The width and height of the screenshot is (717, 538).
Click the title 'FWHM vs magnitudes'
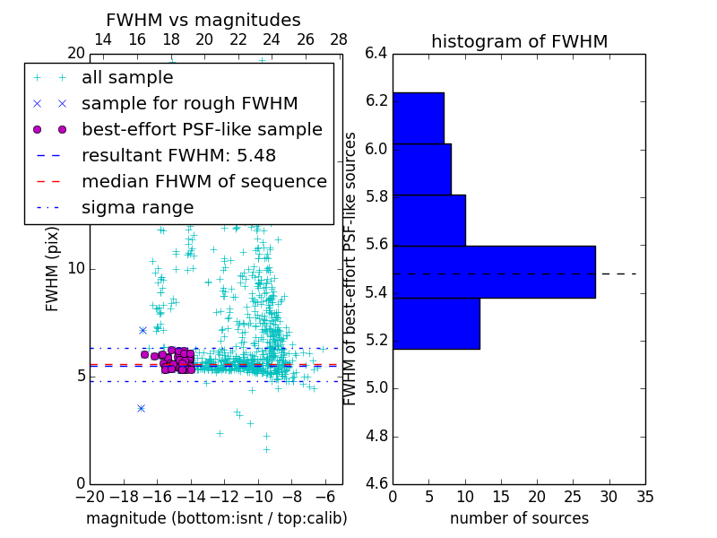tap(203, 21)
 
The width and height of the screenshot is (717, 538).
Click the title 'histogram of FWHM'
tap(519, 41)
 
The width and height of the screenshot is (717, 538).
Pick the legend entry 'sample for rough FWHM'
tap(189, 104)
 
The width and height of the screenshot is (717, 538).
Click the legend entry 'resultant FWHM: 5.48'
tap(178, 156)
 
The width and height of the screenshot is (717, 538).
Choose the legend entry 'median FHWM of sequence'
tap(203, 182)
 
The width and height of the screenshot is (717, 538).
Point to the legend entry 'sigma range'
tap(137, 208)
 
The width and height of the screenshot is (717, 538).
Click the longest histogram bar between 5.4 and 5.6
tap(494, 272)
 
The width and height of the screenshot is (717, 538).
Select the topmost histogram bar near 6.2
tap(418, 117)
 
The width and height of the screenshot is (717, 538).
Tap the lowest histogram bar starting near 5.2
tap(436, 323)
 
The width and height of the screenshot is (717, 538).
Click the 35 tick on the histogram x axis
tap(645, 496)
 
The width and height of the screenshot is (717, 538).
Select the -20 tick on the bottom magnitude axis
tap(90, 496)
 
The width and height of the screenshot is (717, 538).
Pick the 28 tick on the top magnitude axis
tap(339, 39)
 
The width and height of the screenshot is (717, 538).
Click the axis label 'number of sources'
tap(519, 518)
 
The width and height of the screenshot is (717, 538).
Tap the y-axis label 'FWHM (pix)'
tap(53, 268)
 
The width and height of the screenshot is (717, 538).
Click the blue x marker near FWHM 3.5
tap(141, 408)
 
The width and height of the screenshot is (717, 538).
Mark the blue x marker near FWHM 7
tap(143, 330)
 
